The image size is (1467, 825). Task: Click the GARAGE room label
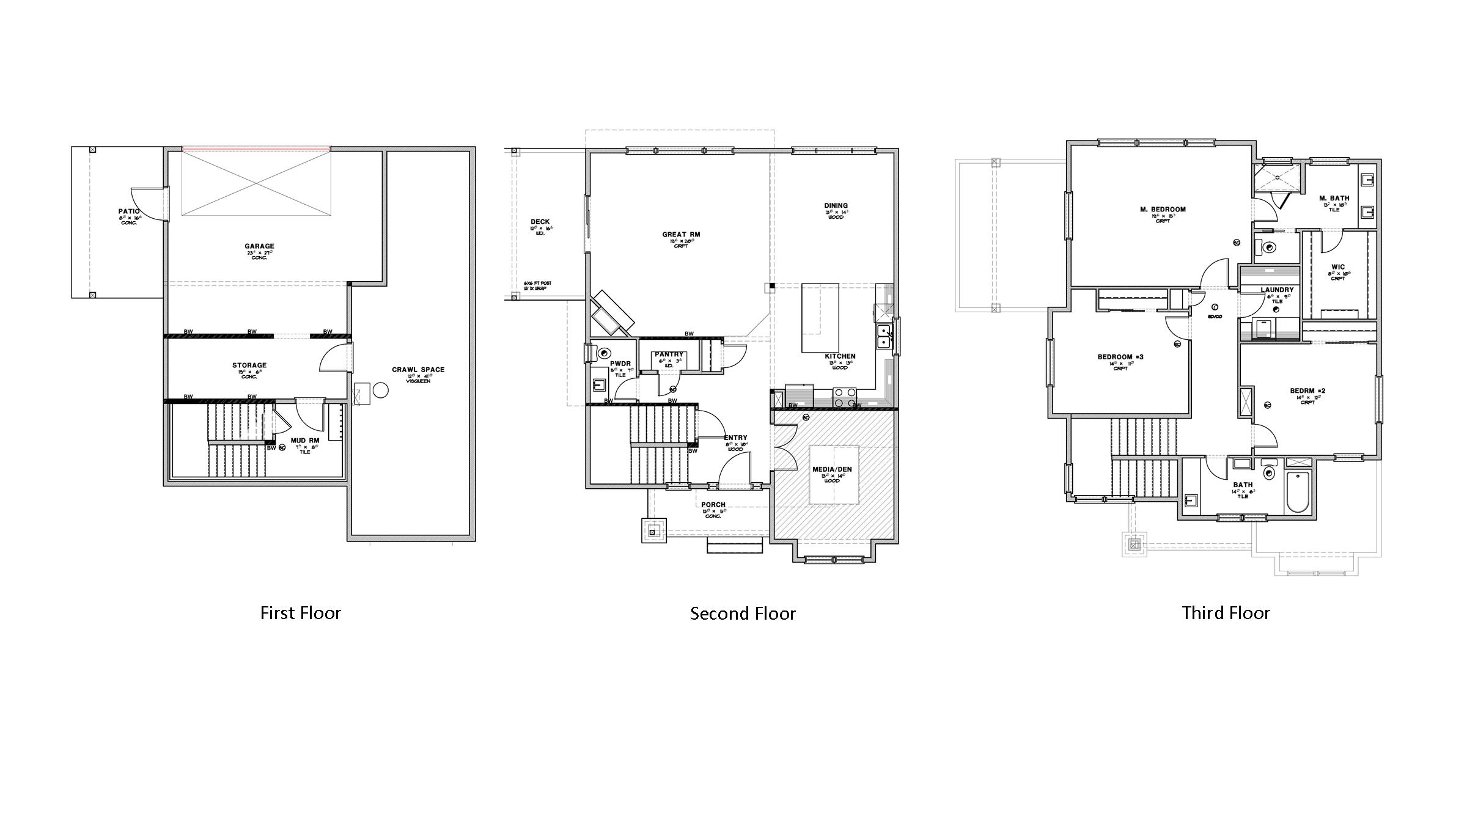[x=259, y=246]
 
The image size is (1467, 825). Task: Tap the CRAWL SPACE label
[x=418, y=370]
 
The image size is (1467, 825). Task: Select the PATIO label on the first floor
[x=129, y=211]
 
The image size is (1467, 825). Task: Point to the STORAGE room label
[x=249, y=365]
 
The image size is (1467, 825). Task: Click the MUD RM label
[x=304, y=440]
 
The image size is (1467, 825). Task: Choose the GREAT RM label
[x=681, y=234]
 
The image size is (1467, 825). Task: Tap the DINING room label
[x=836, y=206]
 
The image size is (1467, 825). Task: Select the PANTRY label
[x=669, y=354]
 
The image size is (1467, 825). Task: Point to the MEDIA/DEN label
[x=831, y=469]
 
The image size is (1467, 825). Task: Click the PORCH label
[x=713, y=505]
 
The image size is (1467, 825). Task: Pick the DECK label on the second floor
[x=540, y=222]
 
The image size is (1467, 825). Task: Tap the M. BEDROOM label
[x=1163, y=210]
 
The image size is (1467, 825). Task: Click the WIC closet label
[x=1338, y=267]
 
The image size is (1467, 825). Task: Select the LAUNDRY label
[x=1277, y=290]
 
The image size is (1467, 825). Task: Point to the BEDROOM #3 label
[x=1120, y=357]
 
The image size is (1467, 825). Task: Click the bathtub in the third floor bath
[x=1298, y=492]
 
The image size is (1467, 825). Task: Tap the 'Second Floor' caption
[x=743, y=614]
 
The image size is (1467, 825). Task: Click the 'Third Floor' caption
[x=1226, y=613]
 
